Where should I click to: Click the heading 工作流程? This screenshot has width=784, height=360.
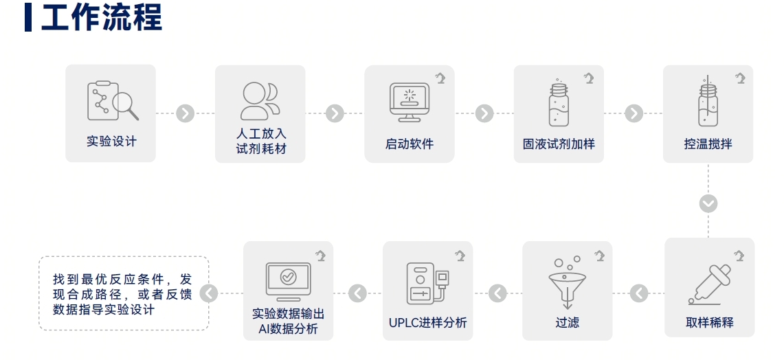point(102,18)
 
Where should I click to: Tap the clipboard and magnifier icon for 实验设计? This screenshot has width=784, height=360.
point(112,102)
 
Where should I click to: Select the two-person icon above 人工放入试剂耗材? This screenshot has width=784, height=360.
point(259,102)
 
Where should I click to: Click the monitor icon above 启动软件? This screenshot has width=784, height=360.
point(410,102)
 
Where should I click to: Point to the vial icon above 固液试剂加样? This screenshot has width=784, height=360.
point(559,103)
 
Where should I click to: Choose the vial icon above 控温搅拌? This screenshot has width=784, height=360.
point(708,103)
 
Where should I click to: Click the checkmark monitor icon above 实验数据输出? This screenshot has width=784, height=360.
point(289,280)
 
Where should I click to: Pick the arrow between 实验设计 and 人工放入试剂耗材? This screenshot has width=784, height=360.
point(185,113)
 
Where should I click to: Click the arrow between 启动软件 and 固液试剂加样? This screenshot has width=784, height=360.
point(484,113)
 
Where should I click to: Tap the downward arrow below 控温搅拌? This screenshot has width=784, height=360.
point(708,203)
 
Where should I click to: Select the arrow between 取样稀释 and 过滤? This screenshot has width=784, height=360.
point(639,293)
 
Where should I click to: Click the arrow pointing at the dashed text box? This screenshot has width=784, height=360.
point(209,293)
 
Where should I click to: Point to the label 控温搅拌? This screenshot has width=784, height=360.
point(708,144)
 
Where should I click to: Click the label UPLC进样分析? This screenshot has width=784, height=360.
point(427,322)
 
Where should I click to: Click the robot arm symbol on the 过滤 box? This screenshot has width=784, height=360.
point(599,256)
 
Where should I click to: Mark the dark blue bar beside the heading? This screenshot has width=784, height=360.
point(27,18)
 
